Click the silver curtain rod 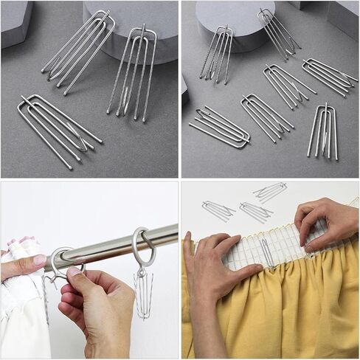[x=125, y=243]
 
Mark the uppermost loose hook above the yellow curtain [x=271, y=191]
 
